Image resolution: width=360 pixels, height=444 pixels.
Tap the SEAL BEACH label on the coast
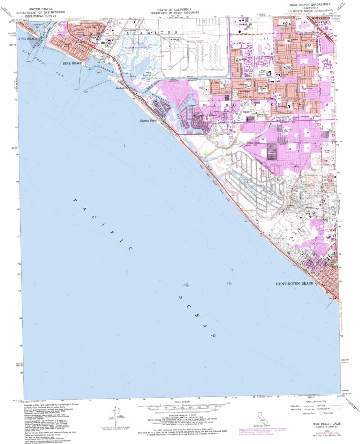(x=73, y=64)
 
